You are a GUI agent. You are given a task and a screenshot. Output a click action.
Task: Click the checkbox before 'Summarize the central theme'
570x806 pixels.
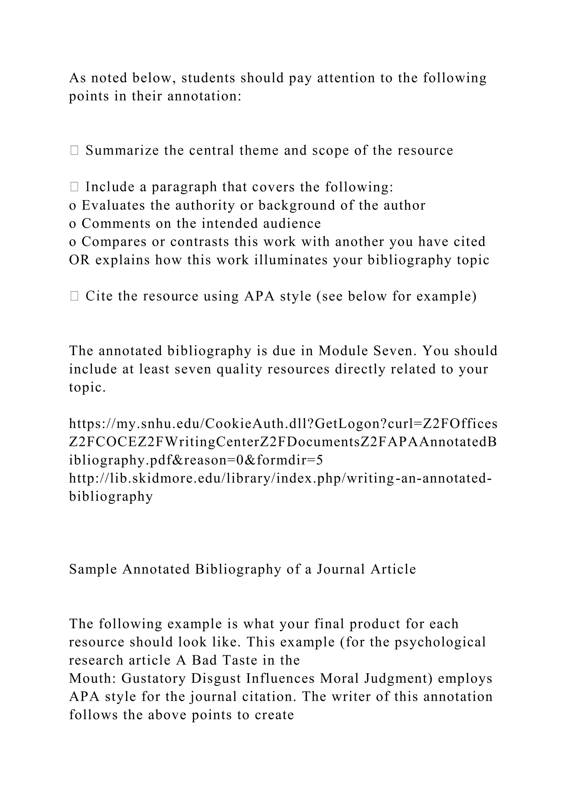pos(74,151)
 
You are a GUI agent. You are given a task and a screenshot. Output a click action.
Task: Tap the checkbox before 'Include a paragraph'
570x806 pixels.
pos(74,187)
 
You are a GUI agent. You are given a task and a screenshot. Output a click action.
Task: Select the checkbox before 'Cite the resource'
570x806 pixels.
pos(74,296)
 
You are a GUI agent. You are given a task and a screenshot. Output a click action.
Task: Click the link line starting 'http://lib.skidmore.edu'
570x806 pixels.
pos(281,478)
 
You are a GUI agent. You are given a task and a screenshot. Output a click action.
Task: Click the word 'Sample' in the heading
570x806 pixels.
pos(93,569)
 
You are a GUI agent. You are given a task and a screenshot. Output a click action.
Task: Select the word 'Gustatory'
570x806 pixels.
pos(153,679)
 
